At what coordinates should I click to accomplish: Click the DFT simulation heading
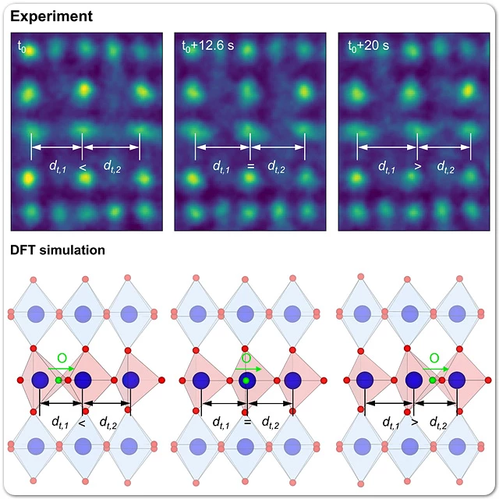[58, 250]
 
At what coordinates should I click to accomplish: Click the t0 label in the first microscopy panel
[23, 46]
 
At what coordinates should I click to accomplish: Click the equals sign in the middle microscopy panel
[249, 165]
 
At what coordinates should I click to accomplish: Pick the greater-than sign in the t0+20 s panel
[417, 165]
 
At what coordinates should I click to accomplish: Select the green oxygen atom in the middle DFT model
[246, 380]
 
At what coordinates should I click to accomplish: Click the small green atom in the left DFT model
[58, 380]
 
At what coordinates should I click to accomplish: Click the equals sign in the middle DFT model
[247, 422]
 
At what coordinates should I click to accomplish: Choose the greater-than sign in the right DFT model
[414, 422]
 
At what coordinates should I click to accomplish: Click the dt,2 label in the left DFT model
[108, 423]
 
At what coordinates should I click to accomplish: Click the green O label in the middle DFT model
[246, 358]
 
